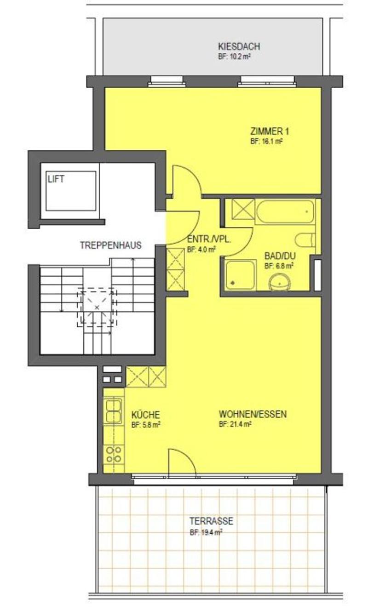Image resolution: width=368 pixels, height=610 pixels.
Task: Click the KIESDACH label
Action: (x=239, y=46)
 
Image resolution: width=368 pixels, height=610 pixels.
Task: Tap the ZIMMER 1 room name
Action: (x=269, y=131)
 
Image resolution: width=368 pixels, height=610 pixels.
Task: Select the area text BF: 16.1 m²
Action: (x=266, y=142)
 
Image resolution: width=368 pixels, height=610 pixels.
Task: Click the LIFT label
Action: (x=56, y=179)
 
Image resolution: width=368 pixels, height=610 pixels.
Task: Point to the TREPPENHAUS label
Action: (x=111, y=245)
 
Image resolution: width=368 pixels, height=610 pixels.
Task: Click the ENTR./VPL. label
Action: (x=209, y=240)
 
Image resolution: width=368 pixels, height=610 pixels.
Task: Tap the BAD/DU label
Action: (x=280, y=256)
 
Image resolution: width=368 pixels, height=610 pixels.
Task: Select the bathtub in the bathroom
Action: (x=285, y=211)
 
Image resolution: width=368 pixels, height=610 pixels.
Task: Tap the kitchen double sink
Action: (x=114, y=411)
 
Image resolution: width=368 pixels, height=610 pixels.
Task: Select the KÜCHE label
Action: (x=145, y=415)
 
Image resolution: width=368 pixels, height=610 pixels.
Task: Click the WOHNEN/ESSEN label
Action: (x=253, y=414)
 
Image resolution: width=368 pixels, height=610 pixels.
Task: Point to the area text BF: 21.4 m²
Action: (x=235, y=424)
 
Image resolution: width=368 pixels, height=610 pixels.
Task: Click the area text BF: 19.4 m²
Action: (x=206, y=532)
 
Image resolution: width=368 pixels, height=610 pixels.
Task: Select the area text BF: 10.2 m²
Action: (x=234, y=57)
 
